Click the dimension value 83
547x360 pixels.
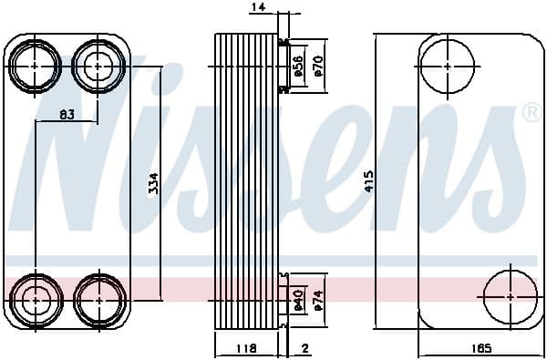(x=66, y=114)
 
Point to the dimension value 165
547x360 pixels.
(x=482, y=348)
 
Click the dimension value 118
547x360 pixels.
(x=246, y=348)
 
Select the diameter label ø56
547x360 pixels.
(x=297, y=66)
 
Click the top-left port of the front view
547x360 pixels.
(x=36, y=66)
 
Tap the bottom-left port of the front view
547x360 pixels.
(x=36, y=298)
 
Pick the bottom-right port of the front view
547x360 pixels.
(x=98, y=298)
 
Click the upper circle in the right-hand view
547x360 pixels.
(x=450, y=66)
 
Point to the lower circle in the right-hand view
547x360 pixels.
(x=508, y=297)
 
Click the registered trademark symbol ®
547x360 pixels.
(x=531, y=113)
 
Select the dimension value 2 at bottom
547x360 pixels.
(x=305, y=348)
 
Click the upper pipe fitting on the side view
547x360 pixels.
(x=284, y=66)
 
